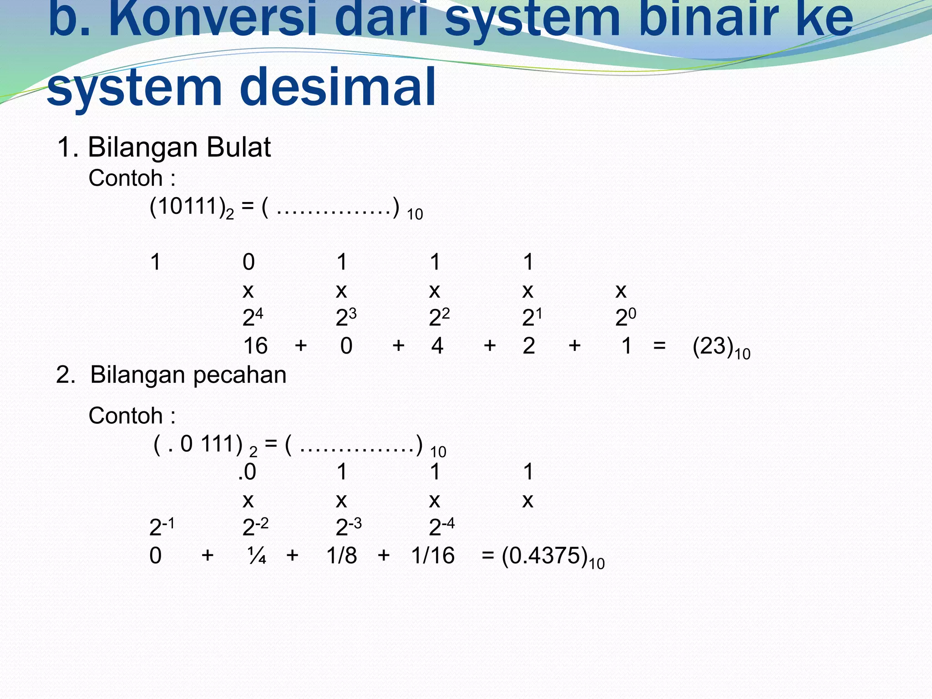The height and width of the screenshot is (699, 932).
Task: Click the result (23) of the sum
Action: pyautogui.click(x=713, y=347)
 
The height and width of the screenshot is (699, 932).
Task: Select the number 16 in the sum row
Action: pyautogui.click(x=255, y=346)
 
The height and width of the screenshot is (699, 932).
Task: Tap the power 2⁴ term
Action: pyautogui.click(x=253, y=317)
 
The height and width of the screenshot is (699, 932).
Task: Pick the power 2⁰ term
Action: pyautogui.click(x=625, y=317)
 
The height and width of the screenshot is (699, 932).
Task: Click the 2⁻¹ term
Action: pyautogui.click(x=161, y=527)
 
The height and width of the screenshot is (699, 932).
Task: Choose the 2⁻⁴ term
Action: pyautogui.click(x=441, y=527)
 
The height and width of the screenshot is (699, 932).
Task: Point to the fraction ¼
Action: pyautogui.click(x=257, y=556)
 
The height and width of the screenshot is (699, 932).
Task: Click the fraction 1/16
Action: pyautogui.click(x=433, y=556)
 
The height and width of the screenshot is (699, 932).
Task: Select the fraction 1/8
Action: pyautogui.click(x=342, y=556)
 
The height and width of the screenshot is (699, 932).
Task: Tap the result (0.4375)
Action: pyautogui.click(x=544, y=556)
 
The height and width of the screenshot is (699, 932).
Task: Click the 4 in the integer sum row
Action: pyautogui.click(x=437, y=346)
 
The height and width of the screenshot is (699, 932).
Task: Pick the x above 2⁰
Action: pyautogui.click(x=621, y=290)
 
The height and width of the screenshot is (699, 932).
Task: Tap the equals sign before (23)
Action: pyautogui.click(x=659, y=346)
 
